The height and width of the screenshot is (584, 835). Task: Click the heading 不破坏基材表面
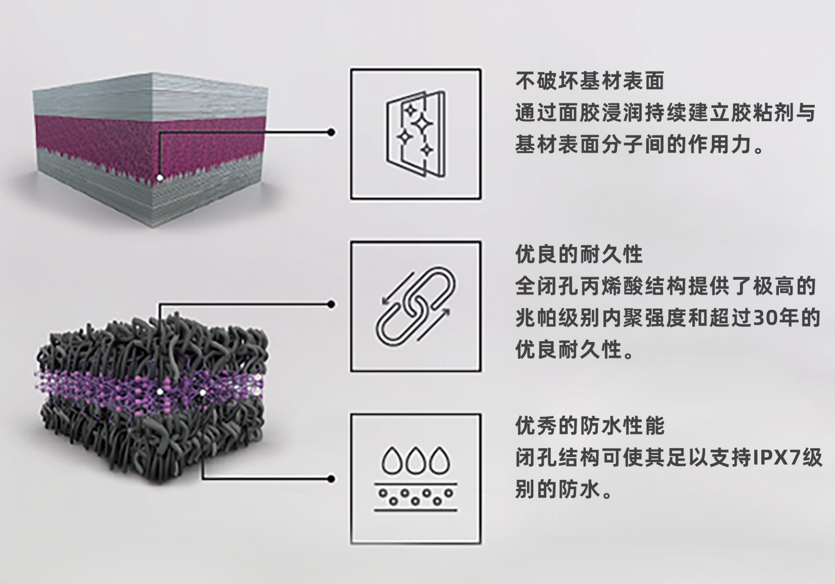point(589,81)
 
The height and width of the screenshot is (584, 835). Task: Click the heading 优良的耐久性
point(579,254)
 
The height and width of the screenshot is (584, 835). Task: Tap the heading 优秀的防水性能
point(589,426)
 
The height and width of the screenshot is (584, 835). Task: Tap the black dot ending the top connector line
point(331,133)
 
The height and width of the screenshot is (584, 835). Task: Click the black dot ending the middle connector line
point(331,304)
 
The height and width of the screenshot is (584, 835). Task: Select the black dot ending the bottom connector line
point(331,479)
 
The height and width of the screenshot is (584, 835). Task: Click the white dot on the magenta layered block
point(160,178)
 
